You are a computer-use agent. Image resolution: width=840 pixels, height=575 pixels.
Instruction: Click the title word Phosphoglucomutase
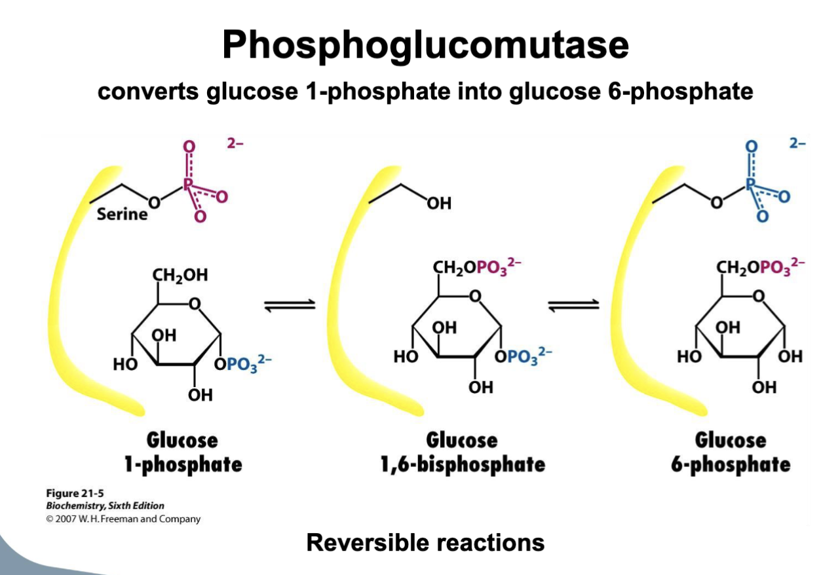pyautogui.click(x=425, y=45)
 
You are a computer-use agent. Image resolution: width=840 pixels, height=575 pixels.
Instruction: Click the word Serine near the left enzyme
pyautogui.click(x=122, y=214)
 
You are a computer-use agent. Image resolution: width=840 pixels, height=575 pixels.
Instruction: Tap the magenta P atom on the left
pyautogui.click(x=189, y=185)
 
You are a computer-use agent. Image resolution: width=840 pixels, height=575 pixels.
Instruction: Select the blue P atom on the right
pyautogui.click(x=752, y=185)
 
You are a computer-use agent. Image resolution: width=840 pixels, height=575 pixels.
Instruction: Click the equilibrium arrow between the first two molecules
pyautogui.click(x=290, y=305)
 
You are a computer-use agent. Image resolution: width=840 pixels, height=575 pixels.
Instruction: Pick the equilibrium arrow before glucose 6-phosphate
pyautogui.click(x=573, y=305)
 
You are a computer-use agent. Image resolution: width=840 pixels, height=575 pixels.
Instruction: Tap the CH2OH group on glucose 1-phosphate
pyautogui.click(x=180, y=276)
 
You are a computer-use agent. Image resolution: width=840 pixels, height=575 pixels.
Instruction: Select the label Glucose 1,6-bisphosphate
pyautogui.click(x=463, y=452)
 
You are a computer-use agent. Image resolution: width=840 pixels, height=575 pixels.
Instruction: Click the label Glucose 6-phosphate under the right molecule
pyautogui.click(x=731, y=452)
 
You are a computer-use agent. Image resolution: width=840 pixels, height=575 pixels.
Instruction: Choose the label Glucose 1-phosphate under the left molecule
pyautogui.click(x=183, y=452)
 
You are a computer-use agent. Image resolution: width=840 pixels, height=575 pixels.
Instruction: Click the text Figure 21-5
pyautogui.click(x=73, y=493)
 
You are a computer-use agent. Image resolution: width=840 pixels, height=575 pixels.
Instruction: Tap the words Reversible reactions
pyautogui.click(x=425, y=542)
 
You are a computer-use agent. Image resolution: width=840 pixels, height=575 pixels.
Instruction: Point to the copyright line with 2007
pyautogui.click(x=123, y=519)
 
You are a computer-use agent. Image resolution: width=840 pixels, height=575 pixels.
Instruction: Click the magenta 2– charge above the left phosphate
pyautogui.click(x=235, y=143)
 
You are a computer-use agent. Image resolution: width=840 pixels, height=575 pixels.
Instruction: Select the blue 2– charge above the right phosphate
pyautogui.click(x=797, y=143)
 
